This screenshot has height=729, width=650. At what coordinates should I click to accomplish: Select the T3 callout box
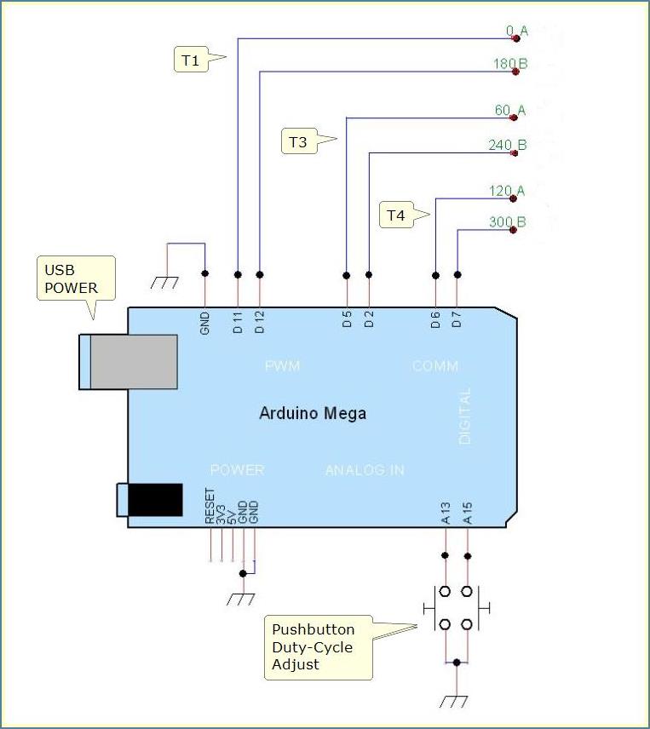pos(297,141)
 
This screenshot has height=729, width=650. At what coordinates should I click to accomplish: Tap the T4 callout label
pos(396,215)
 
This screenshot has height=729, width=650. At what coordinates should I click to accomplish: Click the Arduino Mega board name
pos(313,414)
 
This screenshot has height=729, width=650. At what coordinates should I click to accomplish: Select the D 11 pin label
pos(238,321)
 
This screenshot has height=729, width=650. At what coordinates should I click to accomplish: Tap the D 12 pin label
pos(260,321)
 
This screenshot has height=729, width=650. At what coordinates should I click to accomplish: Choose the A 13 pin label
pos(445,514)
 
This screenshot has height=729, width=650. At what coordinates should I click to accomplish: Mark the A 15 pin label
pos(467,514)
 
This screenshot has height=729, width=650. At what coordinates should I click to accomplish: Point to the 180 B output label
pos(509,63)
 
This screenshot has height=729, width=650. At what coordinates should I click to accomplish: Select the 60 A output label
pos(509,110)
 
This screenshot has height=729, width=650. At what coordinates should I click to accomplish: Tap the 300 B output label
pos(508,222)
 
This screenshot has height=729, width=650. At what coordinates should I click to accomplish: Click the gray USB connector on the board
pos(134,361)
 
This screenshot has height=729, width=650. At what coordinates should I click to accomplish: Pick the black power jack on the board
pos(154,499)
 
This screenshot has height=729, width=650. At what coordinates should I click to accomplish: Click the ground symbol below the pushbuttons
pos(457,702)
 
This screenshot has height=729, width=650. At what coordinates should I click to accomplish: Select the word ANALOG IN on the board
pos(365,469)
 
